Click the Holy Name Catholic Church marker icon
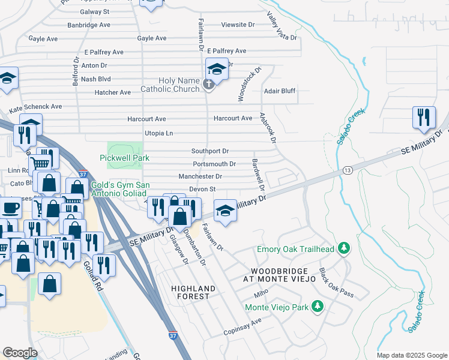208,85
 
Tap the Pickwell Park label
124,158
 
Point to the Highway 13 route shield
348,171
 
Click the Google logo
20,353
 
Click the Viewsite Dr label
238,25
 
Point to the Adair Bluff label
280,91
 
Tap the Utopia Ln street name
158,133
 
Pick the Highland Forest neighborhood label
190,292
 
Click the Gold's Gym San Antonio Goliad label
121,190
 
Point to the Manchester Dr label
200,176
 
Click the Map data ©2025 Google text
411,355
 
